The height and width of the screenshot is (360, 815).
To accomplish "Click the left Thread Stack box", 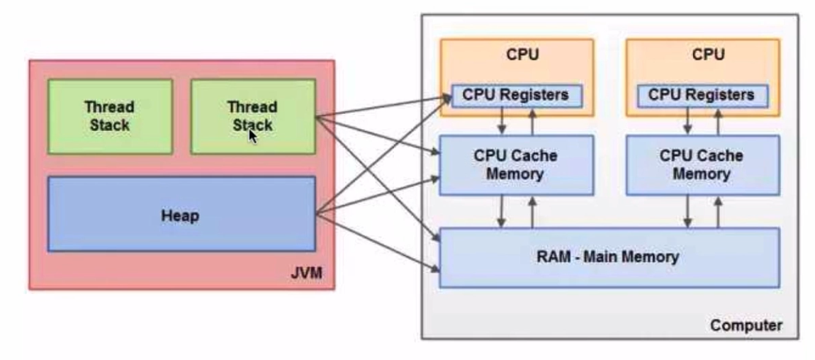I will click(110, 116).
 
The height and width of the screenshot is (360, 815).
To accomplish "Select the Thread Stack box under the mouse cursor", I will click(253, 116).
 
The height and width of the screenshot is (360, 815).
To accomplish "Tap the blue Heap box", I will click(181, 214).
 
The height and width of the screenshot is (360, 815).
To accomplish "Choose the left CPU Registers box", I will click(517, 95).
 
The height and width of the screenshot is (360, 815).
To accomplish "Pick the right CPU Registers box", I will click(702, 95).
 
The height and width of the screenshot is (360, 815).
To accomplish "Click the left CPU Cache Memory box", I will click(516, 164).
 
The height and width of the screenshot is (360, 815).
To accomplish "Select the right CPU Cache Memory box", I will click(702, 164).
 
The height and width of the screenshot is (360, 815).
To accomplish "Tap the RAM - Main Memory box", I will click(609, 257).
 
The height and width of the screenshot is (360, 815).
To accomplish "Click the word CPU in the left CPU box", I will click(517, 55).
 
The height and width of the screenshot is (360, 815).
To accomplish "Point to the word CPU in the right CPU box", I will click(702, 55).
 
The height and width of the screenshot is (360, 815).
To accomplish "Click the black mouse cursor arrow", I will click(252, 135).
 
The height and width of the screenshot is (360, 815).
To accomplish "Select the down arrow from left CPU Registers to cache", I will click(502, 121).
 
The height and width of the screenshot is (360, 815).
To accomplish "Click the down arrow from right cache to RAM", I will click(687, 211).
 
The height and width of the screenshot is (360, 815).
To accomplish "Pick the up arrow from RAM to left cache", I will click(532, 211).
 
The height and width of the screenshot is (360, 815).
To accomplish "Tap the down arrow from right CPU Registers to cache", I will click(687, 121).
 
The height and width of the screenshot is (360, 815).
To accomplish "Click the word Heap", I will click(181, 215).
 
